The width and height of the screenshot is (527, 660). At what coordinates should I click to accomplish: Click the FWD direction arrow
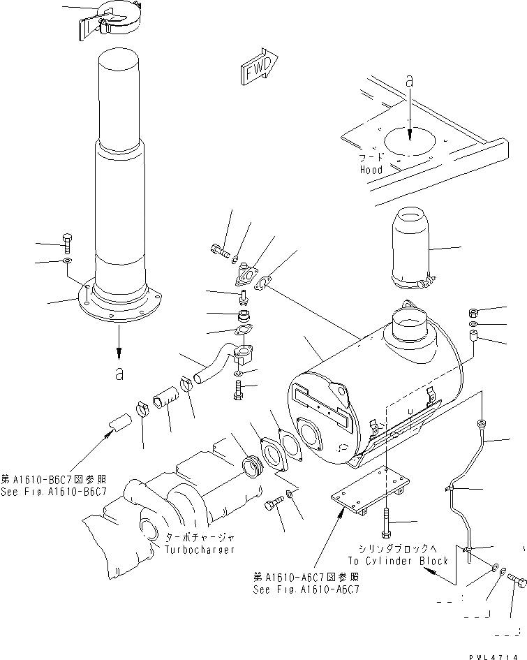click(x=258, y=67)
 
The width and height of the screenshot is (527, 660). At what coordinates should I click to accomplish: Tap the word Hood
click(x=371, y=170)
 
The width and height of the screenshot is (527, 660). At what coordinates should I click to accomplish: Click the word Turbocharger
click(x=200, y=550)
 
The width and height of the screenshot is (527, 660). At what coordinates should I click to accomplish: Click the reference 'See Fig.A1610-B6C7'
click(x=54, y=492)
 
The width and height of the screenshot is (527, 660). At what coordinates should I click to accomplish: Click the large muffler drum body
click(x=377, y=398)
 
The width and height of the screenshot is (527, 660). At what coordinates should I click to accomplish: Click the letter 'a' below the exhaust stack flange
click(x=119, y=374)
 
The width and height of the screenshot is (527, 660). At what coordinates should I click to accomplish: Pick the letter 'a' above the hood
click(x=410, y=82)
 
